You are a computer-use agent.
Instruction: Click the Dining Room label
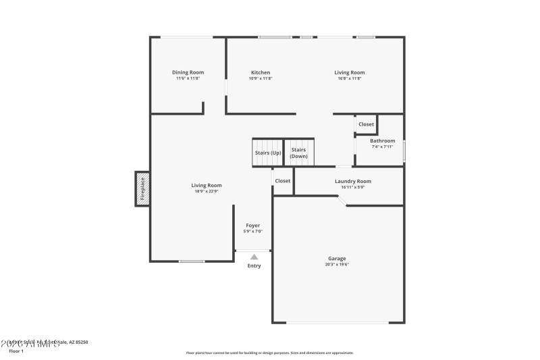tap(188, 72)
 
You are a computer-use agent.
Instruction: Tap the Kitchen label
tap(261, 72)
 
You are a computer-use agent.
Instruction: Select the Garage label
tap(337, 258)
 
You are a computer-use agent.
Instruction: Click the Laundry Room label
tap(352, 181)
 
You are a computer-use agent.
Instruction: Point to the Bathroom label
tap(382, 140)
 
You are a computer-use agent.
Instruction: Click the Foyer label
tap(252, 225)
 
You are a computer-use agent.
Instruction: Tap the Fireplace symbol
tap(142, 188)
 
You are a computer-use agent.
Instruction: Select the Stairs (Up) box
tap(267, 153)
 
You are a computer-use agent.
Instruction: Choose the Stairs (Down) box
tap(298, 153)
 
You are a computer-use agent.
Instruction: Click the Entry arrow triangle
tap(254, 257)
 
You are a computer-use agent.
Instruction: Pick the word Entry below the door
tap(254, 265)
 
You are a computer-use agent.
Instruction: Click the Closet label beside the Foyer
tap(283, 181)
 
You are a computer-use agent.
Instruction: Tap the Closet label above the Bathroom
tap(366, 124)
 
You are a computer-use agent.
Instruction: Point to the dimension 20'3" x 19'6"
tap(337, 264)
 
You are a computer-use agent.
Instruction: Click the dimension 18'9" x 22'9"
tap(206, 191)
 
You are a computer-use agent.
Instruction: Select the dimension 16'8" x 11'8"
tap(349, 78)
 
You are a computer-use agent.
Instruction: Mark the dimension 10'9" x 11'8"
tap(261, 78)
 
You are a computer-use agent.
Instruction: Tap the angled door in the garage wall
tap(343, 201)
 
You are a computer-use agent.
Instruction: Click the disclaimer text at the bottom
tap(269, 353)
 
